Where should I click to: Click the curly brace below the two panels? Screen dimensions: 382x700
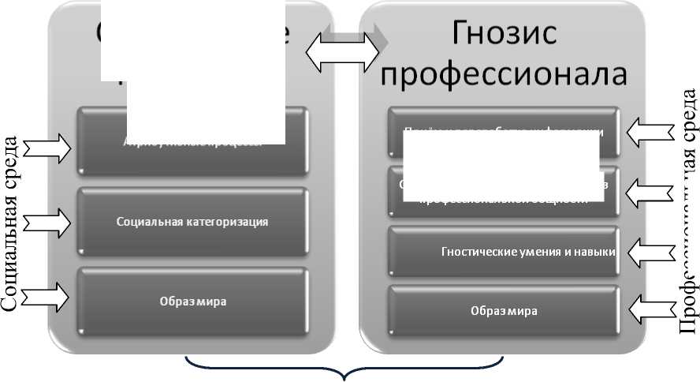tap(344, 369)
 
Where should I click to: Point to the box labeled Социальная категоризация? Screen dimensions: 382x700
tap(192, 222)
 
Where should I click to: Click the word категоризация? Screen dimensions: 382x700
tap(230, 222)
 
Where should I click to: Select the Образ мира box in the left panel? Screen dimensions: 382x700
tap(192, 301)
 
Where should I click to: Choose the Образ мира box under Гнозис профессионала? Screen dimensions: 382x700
tap(505, 310)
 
